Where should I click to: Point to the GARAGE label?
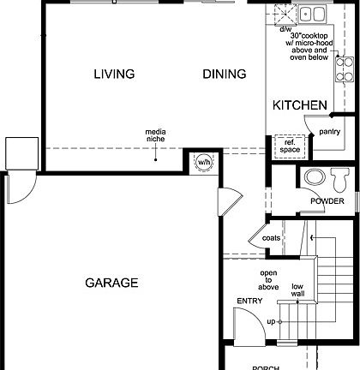tap(111, 282)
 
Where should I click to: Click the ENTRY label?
tap(249, 301)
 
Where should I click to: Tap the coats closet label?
tap(271, 237)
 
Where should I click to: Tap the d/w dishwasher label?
tap(285, 29)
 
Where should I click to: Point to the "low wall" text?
tap(297, 290)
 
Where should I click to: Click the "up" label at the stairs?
tap(271, 321)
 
